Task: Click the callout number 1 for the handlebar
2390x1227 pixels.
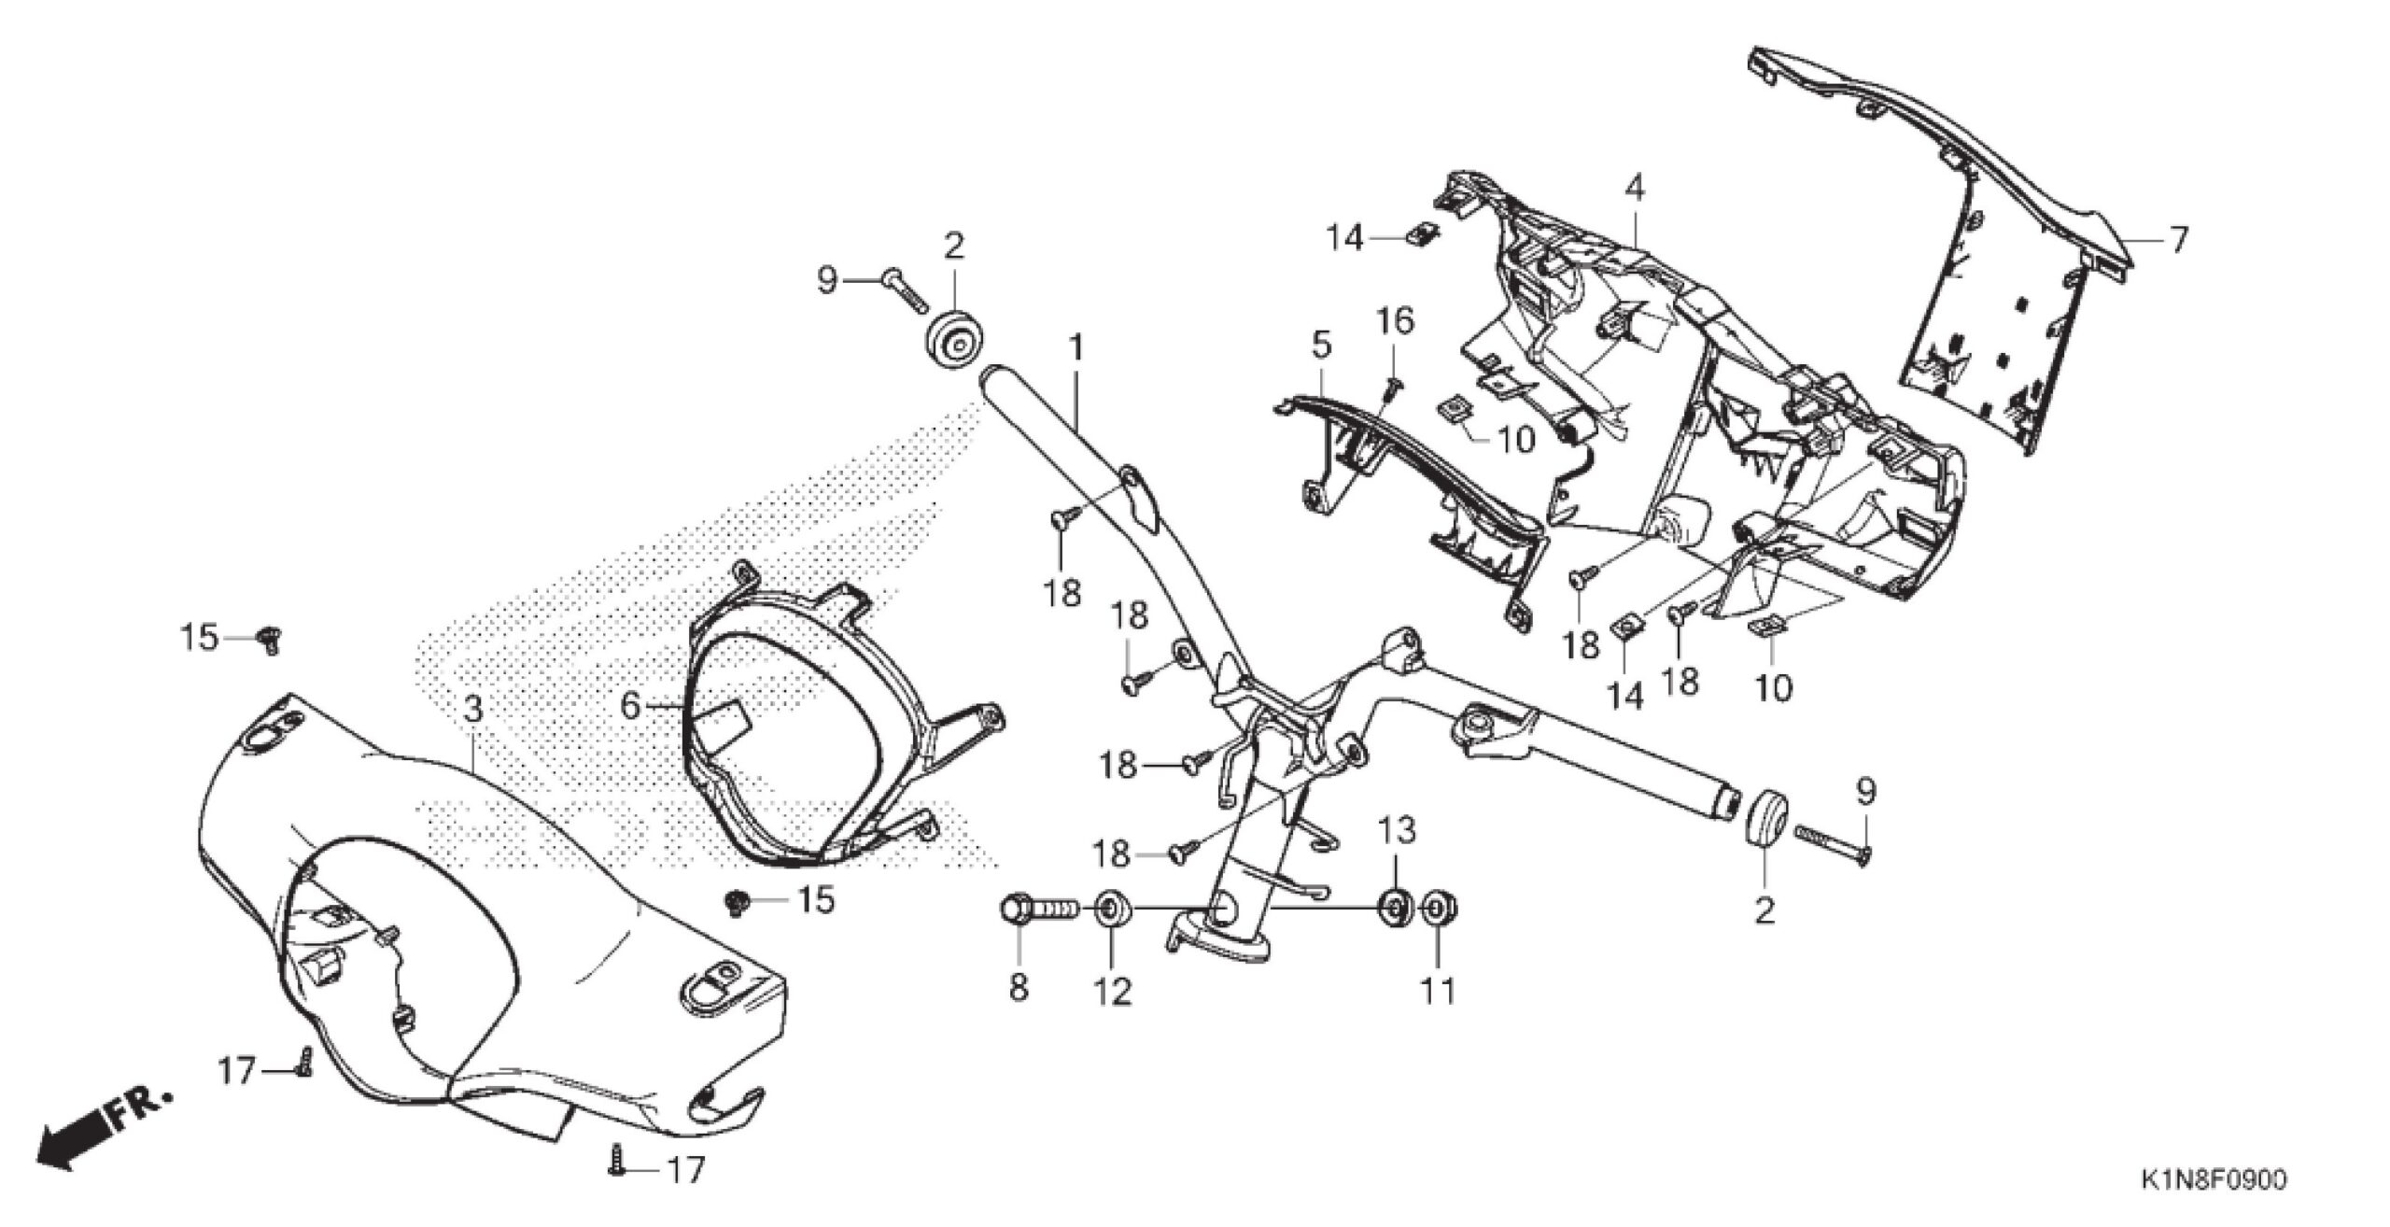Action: pos(1075,350)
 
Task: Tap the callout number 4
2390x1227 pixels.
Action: pos(1633,189)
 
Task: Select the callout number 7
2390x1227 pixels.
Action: pos(2177,241)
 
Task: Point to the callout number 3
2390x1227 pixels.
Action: pos(473,711)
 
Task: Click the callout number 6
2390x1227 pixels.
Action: pos(632,706)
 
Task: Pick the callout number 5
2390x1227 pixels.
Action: pos(1320,346)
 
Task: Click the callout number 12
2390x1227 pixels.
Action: pos(1112,990)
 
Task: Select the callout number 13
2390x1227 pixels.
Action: pos(1398,829)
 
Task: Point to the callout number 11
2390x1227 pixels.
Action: pos(1438,990)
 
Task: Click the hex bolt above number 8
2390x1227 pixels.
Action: pos(1036,909)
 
